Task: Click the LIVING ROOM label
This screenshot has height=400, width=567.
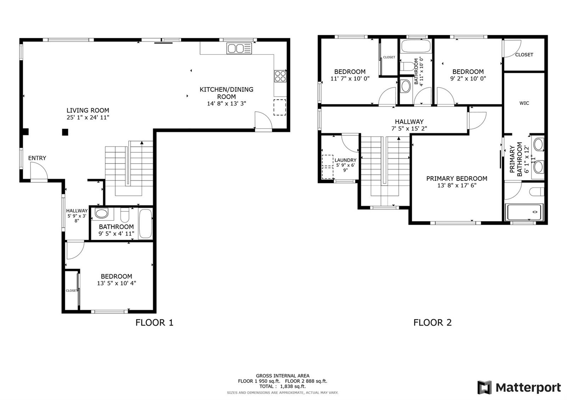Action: (x=88, y=110)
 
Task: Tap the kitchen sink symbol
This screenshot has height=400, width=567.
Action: (x=239, y=48)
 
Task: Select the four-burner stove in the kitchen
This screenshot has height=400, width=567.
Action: (x=280, y=76)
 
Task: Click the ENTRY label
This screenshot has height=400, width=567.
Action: (x=37, y=158)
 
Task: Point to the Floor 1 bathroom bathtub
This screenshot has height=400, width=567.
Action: (x=146, y=223)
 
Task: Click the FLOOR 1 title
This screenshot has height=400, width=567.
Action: (x=155, y=322)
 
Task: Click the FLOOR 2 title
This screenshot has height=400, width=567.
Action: (x=433, y=322)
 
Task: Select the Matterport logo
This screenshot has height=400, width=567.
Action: (x=519, y=388)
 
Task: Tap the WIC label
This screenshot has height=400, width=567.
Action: (x=524, y=103)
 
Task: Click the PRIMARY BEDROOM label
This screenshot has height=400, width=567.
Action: (x=457, y=178)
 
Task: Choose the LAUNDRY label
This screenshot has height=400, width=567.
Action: (x=346, y=160)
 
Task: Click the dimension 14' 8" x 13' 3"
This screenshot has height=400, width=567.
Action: (x=226, y=103)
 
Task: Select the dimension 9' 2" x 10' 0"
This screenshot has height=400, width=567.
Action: (x=468, y=78)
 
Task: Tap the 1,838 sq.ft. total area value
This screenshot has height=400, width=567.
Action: (x=293, y=386)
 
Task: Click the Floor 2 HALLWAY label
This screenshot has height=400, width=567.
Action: (x=409, y=122)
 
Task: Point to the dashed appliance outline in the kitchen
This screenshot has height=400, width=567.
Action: (x=280, y=108)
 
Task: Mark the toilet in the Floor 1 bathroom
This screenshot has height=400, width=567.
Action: (x=125, y=215)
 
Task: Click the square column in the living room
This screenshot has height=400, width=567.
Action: (x=65, y=132)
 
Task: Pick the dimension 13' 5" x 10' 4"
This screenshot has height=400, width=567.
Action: (x=117, y=283)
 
